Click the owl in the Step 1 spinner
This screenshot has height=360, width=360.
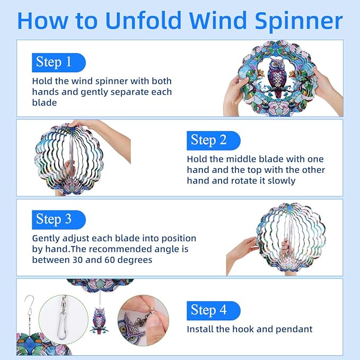[275, 77]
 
